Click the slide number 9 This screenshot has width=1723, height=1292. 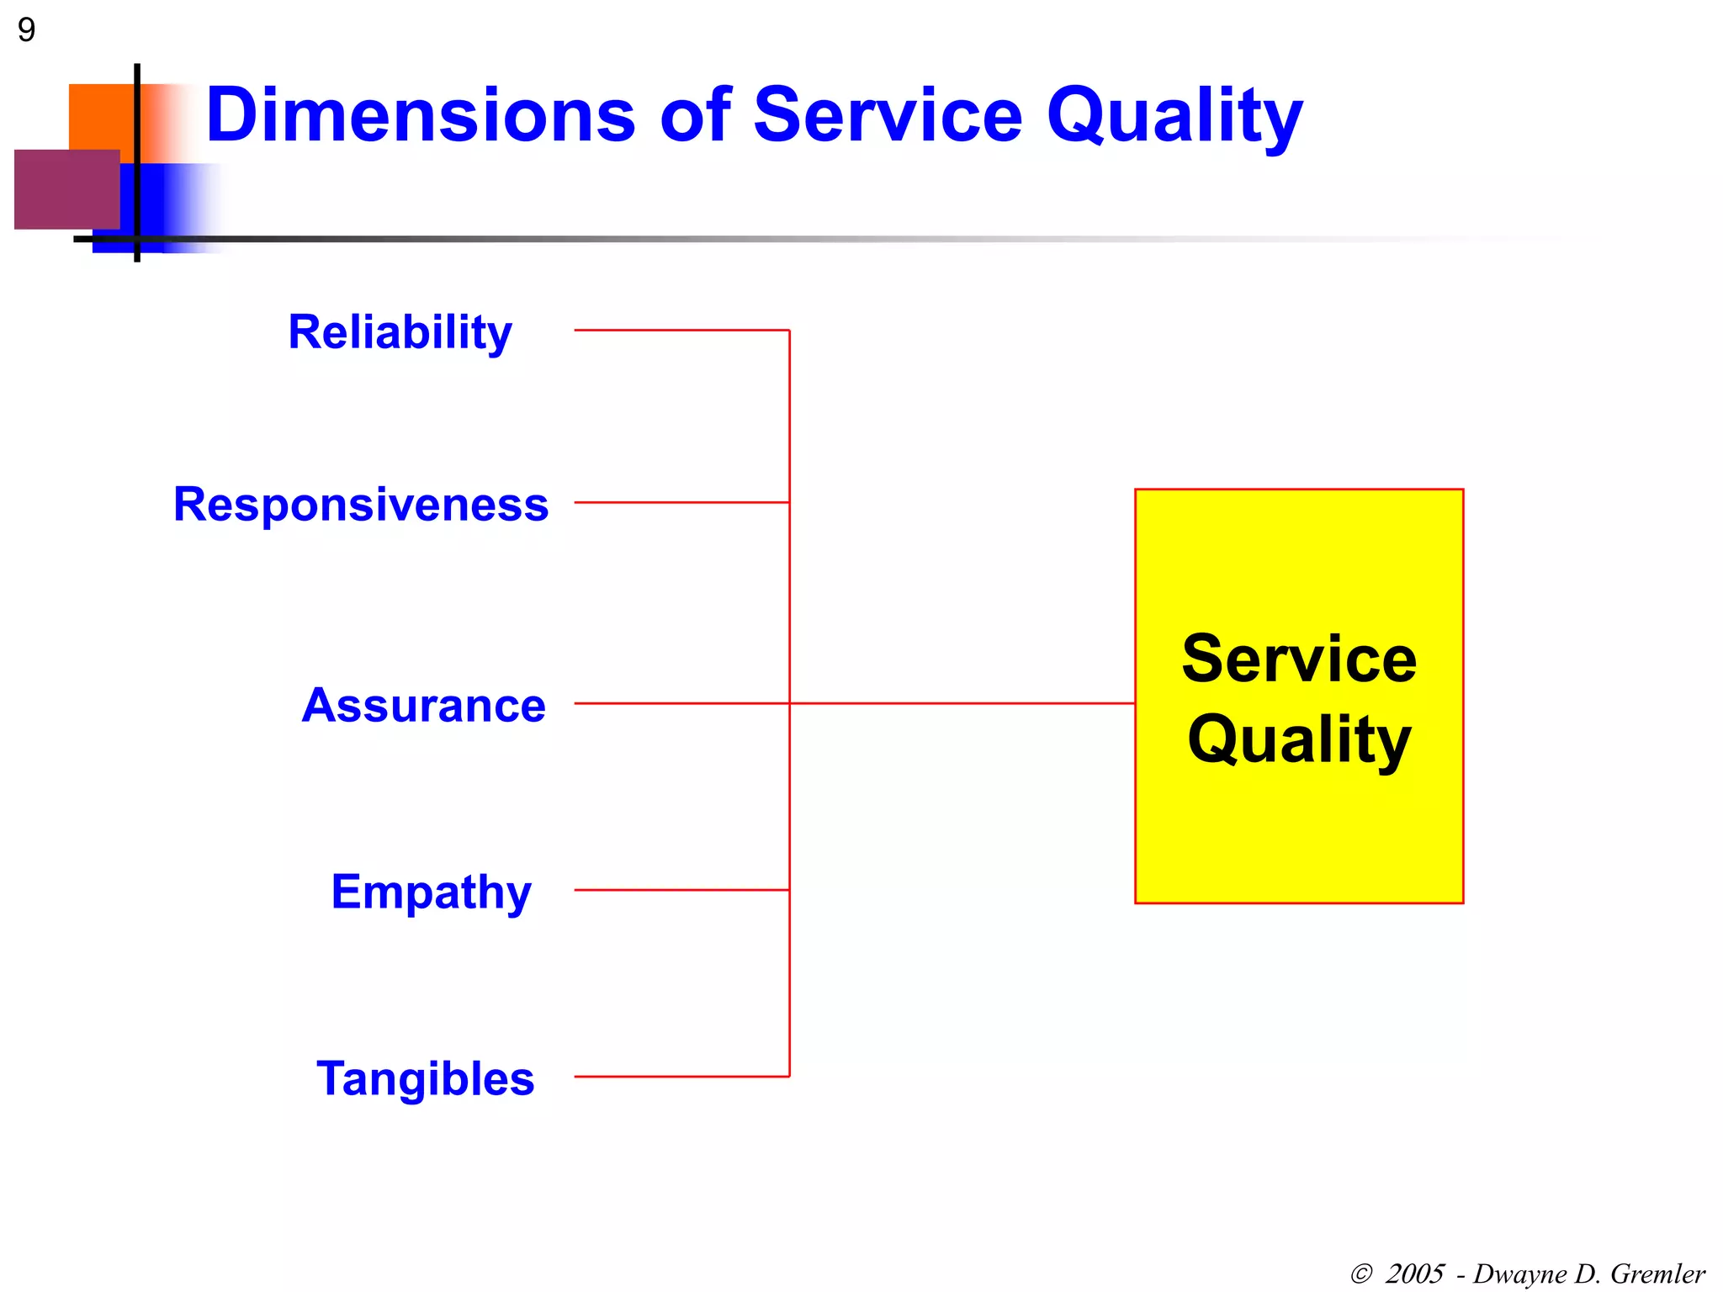click(x=26, y=30)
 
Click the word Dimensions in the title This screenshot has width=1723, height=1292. click(x=421, y=115)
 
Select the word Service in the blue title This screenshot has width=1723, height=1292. click(x=888, y=115)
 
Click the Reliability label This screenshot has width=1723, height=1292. click(x=400, y=332)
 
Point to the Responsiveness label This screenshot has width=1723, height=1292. click(x=361, y=505)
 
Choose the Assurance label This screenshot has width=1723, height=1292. click(x=423, y=705)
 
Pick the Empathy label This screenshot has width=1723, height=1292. click(x=431, y=892)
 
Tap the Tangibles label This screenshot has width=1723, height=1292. click(x=425, y=1079)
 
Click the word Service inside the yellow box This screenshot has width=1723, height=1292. click(x=1299, y=659)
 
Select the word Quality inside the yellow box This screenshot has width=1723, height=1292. click(x=1299, y=740)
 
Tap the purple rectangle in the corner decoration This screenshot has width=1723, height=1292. click(x=66, y=189)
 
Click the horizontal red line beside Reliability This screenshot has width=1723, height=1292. click(x=681, y=331)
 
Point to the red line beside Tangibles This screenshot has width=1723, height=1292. click(x=681, y=1077)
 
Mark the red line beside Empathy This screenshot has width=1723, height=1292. click(x=681, y=890)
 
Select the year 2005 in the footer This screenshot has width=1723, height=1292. click(x=1415, y=1273)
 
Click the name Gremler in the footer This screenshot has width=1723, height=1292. click(x=1657, y=1273)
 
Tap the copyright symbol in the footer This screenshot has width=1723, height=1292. click(x=1361, y=1274)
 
